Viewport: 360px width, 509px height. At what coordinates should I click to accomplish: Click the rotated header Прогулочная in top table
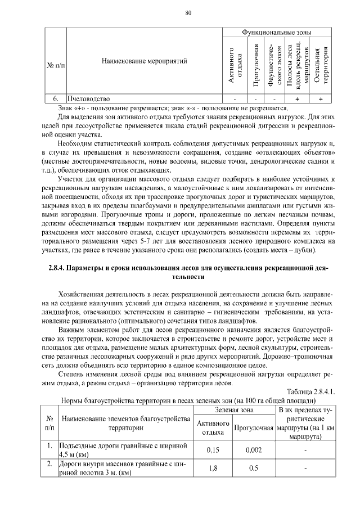tap(256, 65)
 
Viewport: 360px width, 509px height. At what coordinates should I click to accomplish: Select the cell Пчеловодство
tap(85, 99)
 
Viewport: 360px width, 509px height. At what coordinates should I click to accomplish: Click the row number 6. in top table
tap(55, 99)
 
